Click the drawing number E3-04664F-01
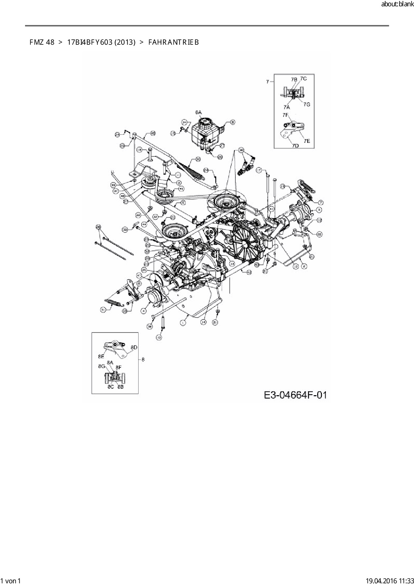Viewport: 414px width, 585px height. click(x=295, y=395)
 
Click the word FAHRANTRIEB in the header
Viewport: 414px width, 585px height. click(x=173, y=42)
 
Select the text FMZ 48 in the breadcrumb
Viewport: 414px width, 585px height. click(x=42, y=42)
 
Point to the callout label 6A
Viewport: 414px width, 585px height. click(x=199, y=112)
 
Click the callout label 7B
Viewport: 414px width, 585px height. click(x=294, y=79)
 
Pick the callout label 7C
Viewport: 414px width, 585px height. click(x=303, y=78)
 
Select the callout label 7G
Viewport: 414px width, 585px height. click(x=307, y=104)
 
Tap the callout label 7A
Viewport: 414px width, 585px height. click(x=286, y=107)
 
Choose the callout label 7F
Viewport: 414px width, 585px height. click(x=285, y=115)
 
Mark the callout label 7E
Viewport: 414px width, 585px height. click(x=307, y=141)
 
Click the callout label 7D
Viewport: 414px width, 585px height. click(x=295, y=146)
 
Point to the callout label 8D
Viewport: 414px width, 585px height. click(x=134, y=347)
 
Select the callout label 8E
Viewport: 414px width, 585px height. click(x=101, y=356)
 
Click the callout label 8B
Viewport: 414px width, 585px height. click(x=120, y=387)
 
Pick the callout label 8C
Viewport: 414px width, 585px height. click(x=111, y=387)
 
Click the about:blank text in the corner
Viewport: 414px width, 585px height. click(x=397, y=5)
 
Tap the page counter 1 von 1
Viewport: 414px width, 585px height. click(x=11, y=581)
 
